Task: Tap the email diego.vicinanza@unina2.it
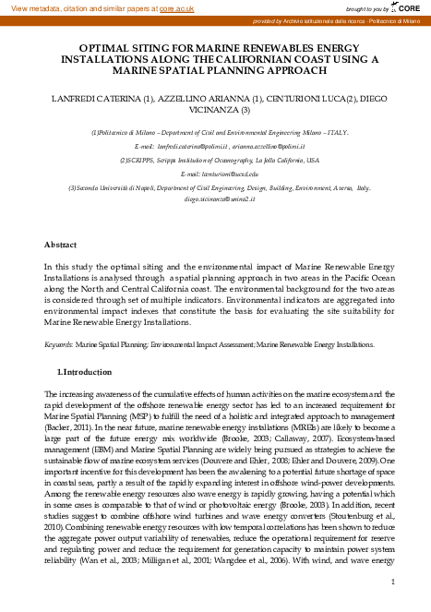point(216,198)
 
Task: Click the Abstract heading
point(61,245)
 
